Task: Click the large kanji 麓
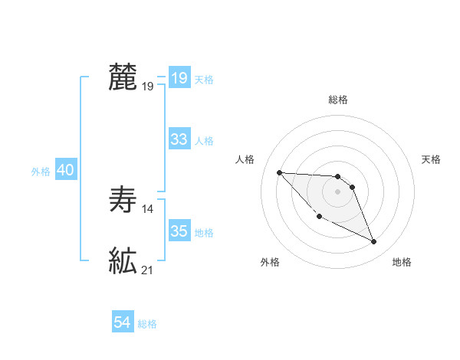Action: [123, 78]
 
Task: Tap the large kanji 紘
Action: [123, 261]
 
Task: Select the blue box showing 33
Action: [179, 139]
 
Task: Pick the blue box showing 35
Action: [179, 231]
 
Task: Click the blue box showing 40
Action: [65, 171]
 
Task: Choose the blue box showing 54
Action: [123, 322]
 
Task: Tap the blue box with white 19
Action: [179, 78]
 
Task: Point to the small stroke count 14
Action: [149, 208]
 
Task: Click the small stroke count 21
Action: [148, 270]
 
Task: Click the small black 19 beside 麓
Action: [148, 87]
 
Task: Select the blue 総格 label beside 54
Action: [147, 324]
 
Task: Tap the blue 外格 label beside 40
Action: [41, 172]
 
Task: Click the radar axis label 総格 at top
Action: [337, 100]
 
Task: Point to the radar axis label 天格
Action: [432, 159]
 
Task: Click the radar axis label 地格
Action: [402, 262]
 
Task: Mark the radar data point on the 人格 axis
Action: [279, 172]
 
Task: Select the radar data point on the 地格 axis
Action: [373, 242]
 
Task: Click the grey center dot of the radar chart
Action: [337, 191]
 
